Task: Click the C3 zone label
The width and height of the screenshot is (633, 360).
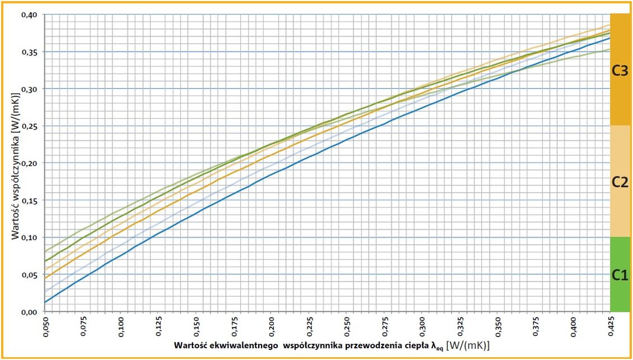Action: [620, 71]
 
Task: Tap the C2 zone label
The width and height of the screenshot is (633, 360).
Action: [620, 182]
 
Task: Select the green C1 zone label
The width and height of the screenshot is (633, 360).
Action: [620, 275]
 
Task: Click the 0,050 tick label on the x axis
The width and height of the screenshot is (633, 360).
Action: [45, 326]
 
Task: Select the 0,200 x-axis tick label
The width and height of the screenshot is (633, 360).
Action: [271, 326]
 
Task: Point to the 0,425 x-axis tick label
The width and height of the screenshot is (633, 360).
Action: [610, 326]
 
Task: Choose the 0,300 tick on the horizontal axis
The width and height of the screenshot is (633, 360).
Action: [422, 326]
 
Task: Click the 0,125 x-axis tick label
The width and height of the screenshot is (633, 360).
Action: [158, 326]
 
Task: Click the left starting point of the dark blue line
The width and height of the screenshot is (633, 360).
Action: [45, 303]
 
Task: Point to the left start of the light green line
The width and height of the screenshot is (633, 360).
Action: [45, 251]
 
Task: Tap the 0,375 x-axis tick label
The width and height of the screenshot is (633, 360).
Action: [535, 326]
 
